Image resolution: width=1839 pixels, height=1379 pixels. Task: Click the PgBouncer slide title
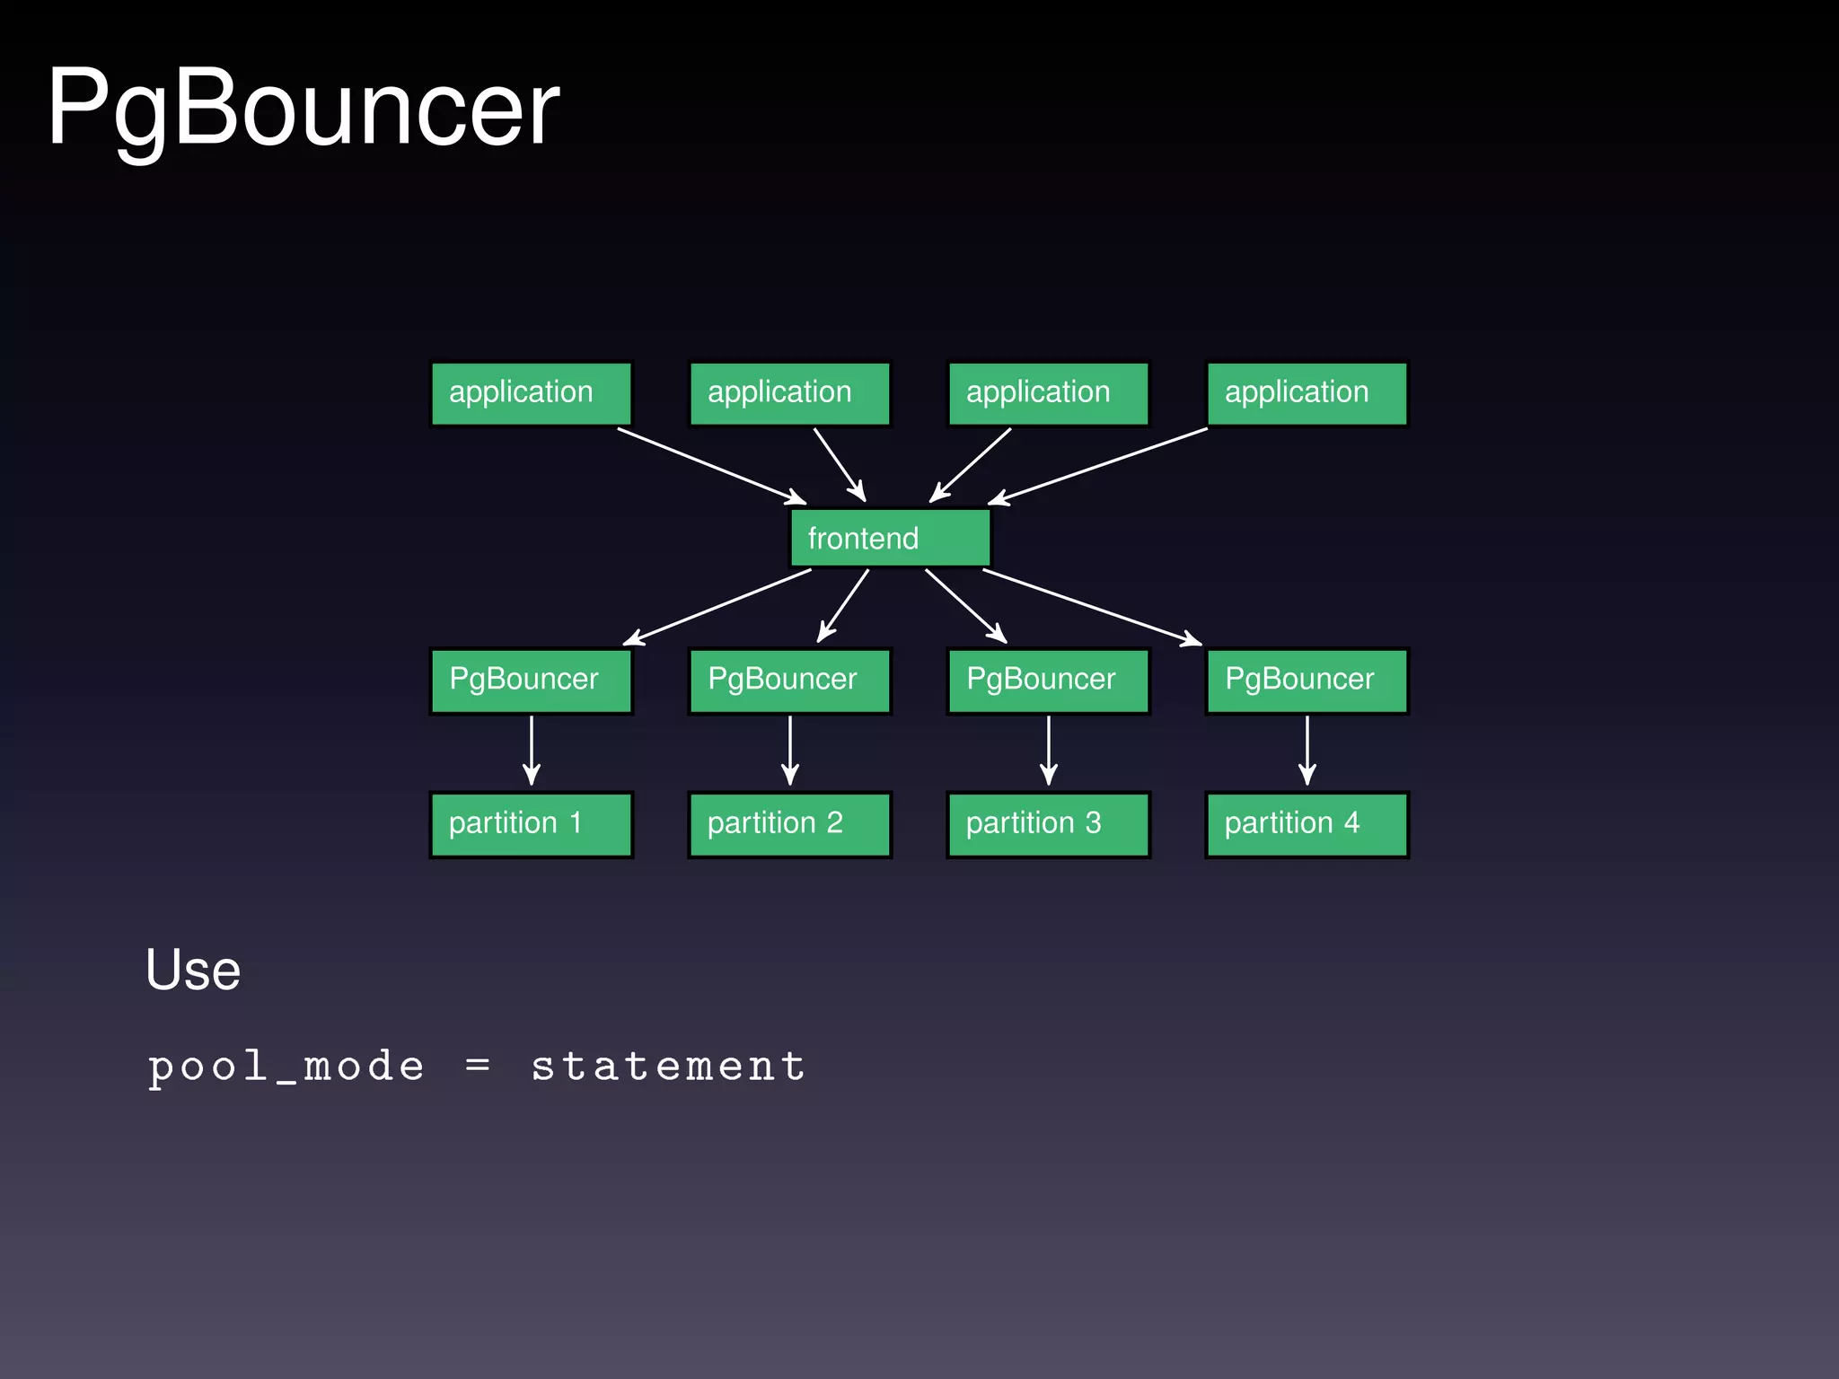click(304, 110)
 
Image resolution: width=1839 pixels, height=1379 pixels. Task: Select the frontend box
click(890, 538)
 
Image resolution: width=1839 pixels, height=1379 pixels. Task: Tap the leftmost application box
click(531, 393)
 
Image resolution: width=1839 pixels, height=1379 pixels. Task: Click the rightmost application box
click(1307, 393)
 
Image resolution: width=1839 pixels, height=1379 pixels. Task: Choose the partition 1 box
click(531, 824)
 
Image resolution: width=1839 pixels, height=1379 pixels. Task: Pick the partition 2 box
click(789, 824)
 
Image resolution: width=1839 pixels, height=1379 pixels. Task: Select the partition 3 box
click(1048, 824)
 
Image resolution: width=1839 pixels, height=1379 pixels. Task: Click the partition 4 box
click(1307, 824)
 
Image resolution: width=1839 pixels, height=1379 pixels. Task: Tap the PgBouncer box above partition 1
click(531, 681)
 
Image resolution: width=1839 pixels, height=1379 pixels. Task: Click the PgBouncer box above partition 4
click(1307, 681)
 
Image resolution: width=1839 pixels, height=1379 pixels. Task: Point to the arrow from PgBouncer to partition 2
click(789, 750)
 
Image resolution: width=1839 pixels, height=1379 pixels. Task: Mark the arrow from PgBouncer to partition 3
click(1048, 750)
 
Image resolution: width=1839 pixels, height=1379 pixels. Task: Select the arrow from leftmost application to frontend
click(711, 465)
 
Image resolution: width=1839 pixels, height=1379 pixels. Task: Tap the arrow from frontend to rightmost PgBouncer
click(1092, 607)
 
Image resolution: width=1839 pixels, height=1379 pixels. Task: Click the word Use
click(193, 971)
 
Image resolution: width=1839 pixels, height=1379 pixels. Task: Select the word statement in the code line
click(668, 1067)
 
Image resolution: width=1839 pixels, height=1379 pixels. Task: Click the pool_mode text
click(286, 1067)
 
